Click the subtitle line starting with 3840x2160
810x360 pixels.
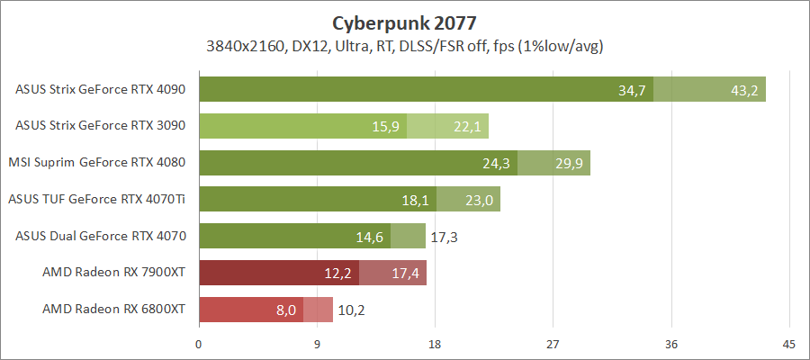[x=404, y=46]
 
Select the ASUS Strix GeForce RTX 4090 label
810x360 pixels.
[x=101, y=89]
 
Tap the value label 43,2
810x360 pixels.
[x=742, y=89]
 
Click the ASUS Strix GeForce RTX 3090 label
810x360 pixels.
[x=101, y=126]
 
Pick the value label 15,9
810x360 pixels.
[x=387, y=126]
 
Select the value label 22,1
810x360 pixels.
[x=468, y=126]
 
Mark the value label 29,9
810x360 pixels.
[x=570, y=163]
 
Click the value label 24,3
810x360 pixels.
[x=497, y=163]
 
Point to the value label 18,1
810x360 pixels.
[x=416, y=200]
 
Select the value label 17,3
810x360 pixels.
[x=445, y=236]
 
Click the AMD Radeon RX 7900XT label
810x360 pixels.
[x=113, y=272]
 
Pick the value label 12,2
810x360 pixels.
[x=339, y=273]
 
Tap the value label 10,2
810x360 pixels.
[x=353, y=310]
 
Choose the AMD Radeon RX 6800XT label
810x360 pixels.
[x=113, y=309]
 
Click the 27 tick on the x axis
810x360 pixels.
[x=553, y=343]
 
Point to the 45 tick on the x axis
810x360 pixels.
[x=788, y=343]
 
